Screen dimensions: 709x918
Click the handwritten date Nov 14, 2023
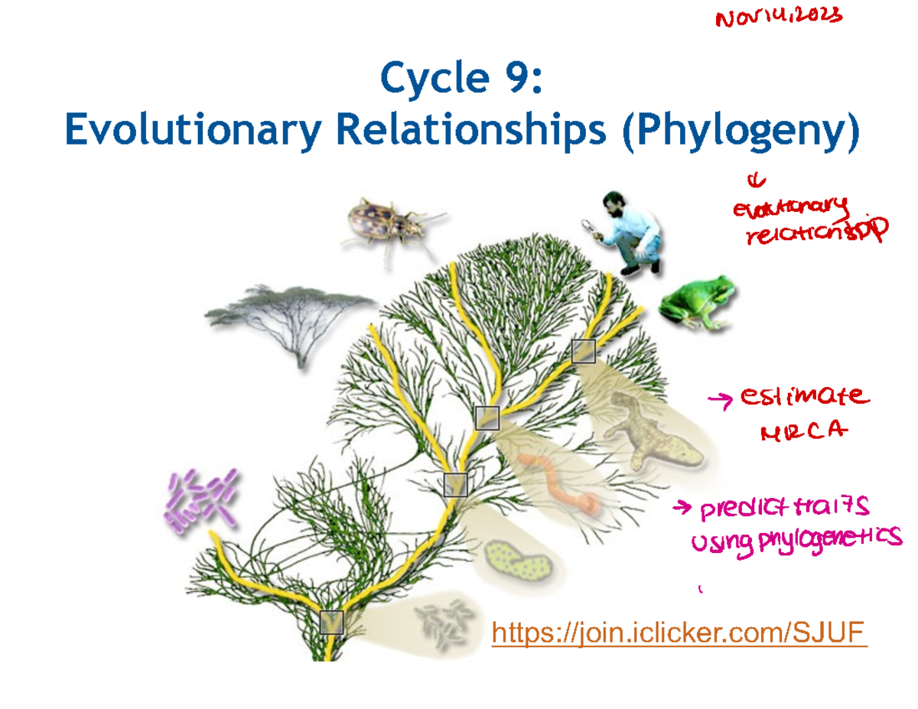pyautogui.click(x=779, y=18)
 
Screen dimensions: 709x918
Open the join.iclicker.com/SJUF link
pyautogui.click(x=679, y=633)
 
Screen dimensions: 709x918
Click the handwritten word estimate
pyautogui.click(x=803, y=397)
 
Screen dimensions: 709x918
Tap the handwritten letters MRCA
pyautogui.click(x=803, y=434)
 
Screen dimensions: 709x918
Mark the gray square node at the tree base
pyautogui.click(x=332, y=623)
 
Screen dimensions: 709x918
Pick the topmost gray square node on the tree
pyautogui.click(x=584, y=351)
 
